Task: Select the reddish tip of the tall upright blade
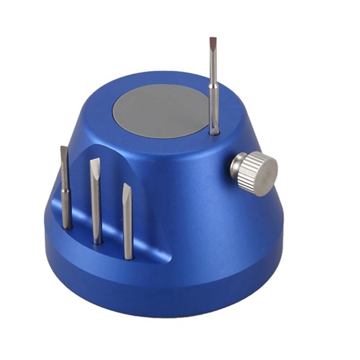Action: coord(213,43)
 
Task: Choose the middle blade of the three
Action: coord(96,202)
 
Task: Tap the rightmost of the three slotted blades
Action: coord(128,220)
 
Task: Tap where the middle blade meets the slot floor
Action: coord(98,242)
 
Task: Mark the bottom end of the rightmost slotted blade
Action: coord(129,257)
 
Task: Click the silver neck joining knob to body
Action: coord(234,167)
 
